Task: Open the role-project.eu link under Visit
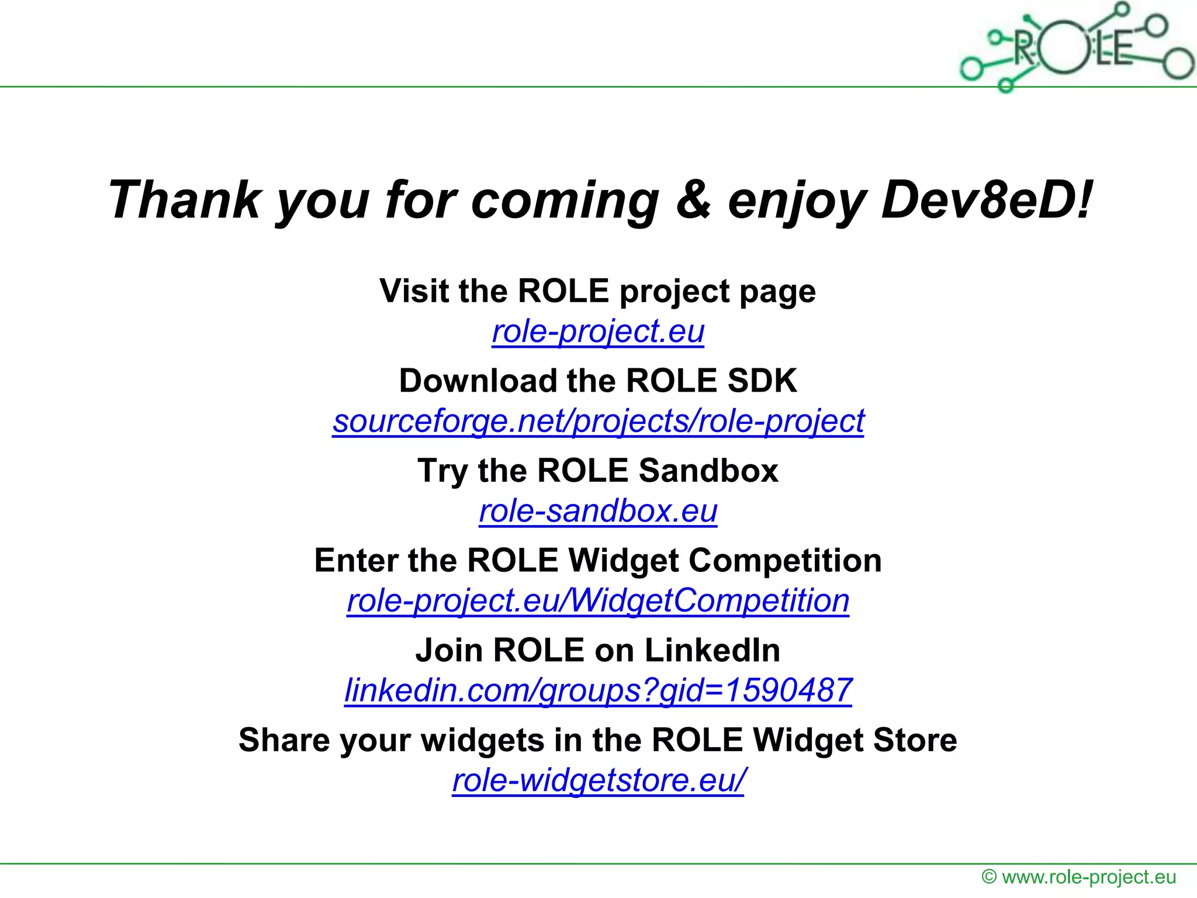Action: point(598,331)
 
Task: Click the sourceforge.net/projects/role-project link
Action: point(598,421)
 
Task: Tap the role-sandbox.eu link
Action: point(598,511)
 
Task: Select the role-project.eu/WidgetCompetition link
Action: point(598,600)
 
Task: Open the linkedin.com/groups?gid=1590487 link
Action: point(598,690)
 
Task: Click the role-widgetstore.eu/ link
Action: point(598,780)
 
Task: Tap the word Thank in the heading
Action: point(185,200)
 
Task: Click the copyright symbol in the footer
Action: point(989,877)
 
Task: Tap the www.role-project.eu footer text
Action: point(1089,877)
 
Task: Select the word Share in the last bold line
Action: point(284,740)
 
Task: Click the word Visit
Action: point(414,291)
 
